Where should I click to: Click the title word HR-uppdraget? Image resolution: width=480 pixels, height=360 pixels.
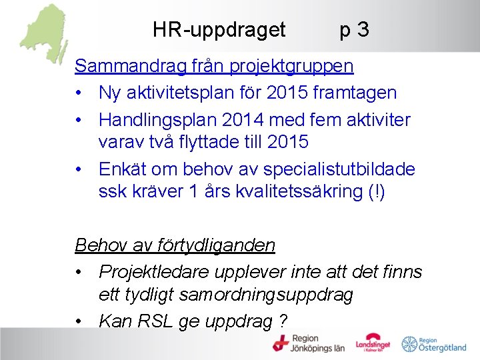[219, 30]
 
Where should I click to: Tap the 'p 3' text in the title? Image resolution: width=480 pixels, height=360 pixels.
[354, 30]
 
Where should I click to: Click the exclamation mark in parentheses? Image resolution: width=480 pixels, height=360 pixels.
[372, 193]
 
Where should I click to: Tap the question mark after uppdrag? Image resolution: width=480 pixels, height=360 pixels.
[283, 321]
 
